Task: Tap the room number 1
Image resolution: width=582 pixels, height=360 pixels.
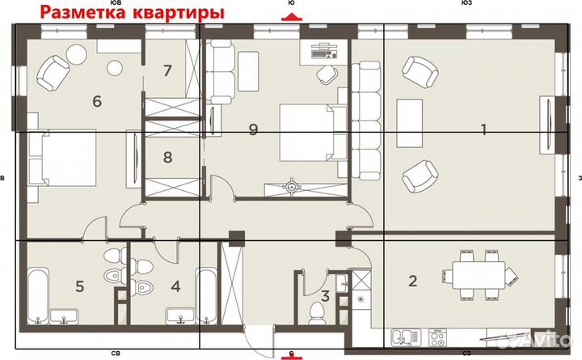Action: (483, 129)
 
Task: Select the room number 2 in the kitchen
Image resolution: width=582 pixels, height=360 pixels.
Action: (412, 282)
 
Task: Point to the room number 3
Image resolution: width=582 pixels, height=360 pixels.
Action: (324, 297)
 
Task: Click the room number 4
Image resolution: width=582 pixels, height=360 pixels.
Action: (176, 285)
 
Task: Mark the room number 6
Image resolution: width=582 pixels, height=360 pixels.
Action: (97, 101)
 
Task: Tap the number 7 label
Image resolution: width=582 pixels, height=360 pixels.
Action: (167, 70)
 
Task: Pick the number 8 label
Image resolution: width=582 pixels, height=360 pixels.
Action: (167, 157)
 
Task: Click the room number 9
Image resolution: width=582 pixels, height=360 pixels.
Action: (253, 129)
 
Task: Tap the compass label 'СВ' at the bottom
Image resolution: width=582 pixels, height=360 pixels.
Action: (116, 354)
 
